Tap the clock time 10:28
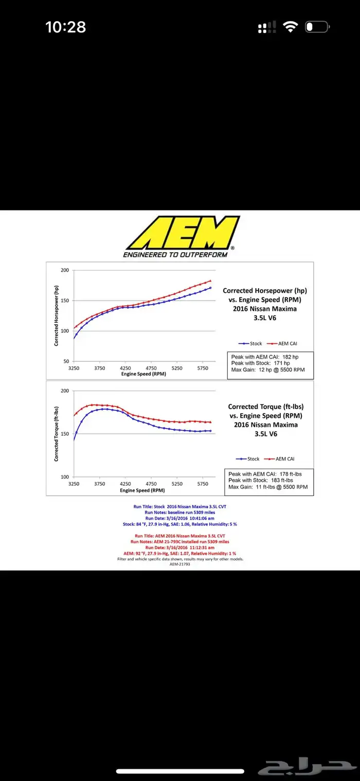coord(65,27)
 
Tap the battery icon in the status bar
coord(317,27)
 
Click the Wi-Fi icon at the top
coord(291,27)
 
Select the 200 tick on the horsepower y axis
coord(65,270)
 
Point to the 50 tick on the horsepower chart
coord(66,361)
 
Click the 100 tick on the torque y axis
coord(65,477)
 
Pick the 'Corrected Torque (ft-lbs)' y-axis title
coord(56,434)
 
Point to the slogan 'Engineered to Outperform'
coord(175,255)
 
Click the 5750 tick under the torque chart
coord(203,484)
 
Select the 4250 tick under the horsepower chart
coord(125,368)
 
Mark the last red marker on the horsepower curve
coord(210,281)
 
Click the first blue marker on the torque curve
coord(74,440)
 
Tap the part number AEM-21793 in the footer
coord(180,564)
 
